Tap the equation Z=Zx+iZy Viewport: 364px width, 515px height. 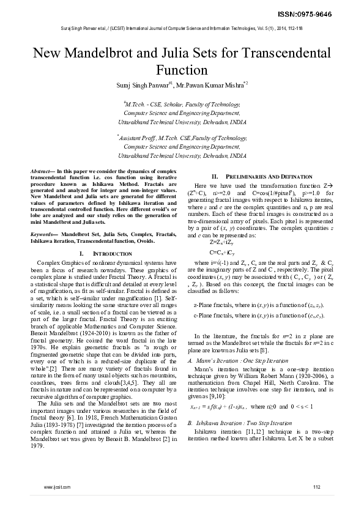[x=225, y=242]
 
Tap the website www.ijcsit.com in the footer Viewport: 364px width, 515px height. [x=58, y=486]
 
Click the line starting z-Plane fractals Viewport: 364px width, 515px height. [x=258, y=303]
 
